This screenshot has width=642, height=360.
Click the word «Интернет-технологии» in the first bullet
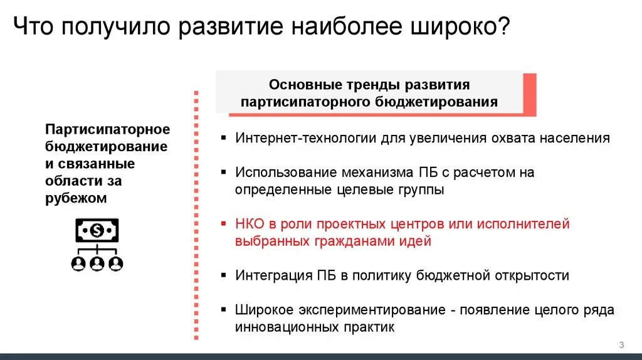tap(306, 138)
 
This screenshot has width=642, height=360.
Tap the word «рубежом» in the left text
tap(76, 198)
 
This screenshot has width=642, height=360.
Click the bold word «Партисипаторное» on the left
tap(107, 129)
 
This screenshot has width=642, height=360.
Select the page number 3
tap(621, 344)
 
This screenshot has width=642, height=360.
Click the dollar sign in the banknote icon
tap(97, 231)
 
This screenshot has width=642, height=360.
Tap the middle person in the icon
tap(97, 263)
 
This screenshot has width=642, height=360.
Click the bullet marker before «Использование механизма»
tap(224, 172)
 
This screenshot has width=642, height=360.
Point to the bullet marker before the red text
tap(224, 224)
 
